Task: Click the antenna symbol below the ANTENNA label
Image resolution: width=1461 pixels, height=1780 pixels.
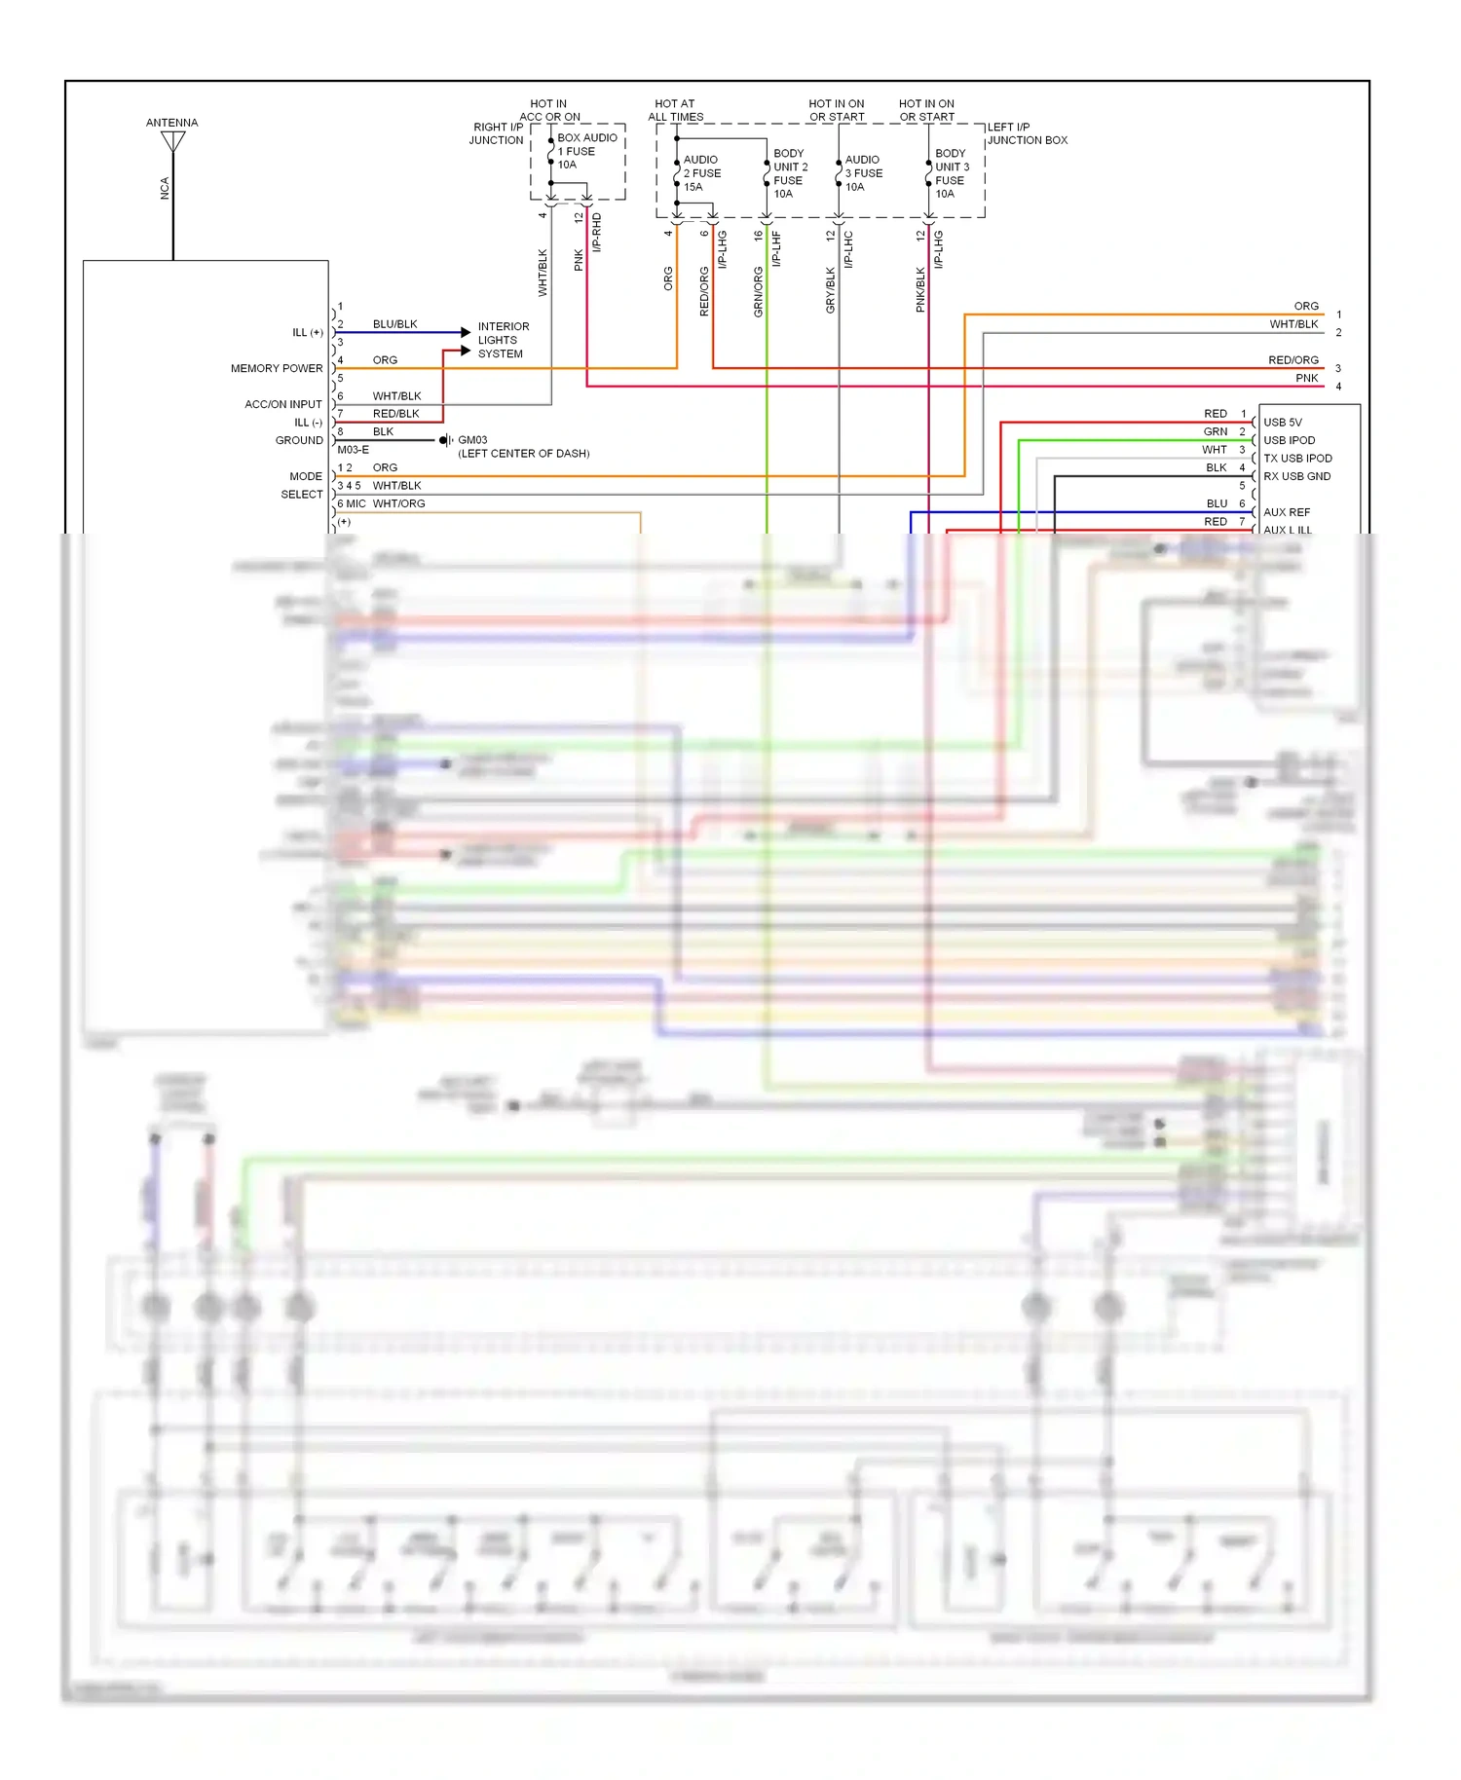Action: click(x=173, y=142)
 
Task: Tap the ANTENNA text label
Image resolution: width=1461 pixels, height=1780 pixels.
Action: click(x=171, y=123)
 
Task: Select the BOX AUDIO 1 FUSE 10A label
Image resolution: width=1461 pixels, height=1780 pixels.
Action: click(x=586, y=151)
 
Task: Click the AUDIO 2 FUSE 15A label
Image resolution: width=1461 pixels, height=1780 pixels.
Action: click(x=701, y=173)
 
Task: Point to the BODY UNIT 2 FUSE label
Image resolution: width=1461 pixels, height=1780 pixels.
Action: click(x=790, y=173)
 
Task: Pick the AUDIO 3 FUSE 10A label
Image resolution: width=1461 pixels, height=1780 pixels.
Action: click(x=863, y=173)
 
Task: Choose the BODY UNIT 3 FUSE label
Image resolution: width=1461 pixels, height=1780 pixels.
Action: click(x=952, y=173)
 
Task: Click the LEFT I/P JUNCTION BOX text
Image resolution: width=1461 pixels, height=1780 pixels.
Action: click(x=1027, y=133)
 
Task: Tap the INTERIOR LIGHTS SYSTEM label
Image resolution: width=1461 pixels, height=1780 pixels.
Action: click(x=503, y=340)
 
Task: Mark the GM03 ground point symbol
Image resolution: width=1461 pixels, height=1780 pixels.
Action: click(x=445, y=440)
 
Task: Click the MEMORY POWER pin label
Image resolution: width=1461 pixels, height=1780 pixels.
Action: click(x=277, y=368)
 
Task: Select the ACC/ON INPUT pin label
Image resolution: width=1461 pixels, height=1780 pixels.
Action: click(x=282, y=404)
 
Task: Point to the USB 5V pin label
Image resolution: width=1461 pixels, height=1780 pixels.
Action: click(x=1282, y=423)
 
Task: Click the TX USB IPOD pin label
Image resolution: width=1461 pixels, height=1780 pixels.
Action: click(x=1297, y=459)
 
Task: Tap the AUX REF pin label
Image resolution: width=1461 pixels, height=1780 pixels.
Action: click(x=1286, y=512)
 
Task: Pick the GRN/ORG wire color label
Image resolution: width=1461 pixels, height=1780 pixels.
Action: click(x=758, y=292)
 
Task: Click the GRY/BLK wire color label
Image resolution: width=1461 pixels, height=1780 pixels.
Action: click(x=830, y=290)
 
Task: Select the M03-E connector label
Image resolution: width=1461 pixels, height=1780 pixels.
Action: click(x=353, y=450)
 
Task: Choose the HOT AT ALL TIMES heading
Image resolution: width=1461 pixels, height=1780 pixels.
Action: click(x=675, y=110)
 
